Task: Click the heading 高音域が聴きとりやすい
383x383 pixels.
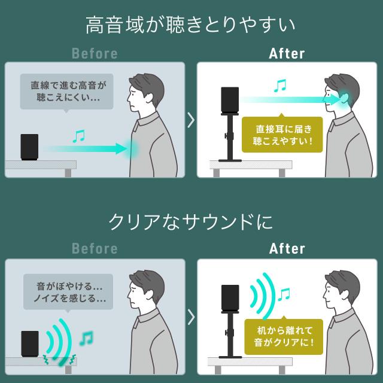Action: (x=190, y=25)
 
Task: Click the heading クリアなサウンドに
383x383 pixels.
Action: (x=190, y=222)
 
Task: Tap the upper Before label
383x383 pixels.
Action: (x=95, y=53)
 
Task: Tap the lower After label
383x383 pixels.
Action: (x=287, y=248)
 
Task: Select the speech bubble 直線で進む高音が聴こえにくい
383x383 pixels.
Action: (x=66, y=92)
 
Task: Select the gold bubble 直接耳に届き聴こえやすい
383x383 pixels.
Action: (x=282, y=134)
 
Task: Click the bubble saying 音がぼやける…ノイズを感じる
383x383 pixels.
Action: (x=68, y=292)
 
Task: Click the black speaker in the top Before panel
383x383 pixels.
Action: (x=29, y=147)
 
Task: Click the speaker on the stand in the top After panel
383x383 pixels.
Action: (x=230, y=100)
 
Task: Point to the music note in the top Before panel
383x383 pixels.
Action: (x=78, y=136)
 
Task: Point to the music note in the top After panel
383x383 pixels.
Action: (x=280, y=86)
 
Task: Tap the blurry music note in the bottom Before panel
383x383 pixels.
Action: (x=86, y=338)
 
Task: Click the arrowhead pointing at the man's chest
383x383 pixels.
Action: (x=121, y=149)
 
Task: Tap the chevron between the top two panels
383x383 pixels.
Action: (x=191, y=120)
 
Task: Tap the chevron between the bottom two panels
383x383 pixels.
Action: (x=191, y=317)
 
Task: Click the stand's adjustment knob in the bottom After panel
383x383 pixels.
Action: (x=226, y=333)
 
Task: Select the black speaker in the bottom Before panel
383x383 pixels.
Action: (x=30, y=344)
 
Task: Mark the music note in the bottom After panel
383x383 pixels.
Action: (x=284, y=294)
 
